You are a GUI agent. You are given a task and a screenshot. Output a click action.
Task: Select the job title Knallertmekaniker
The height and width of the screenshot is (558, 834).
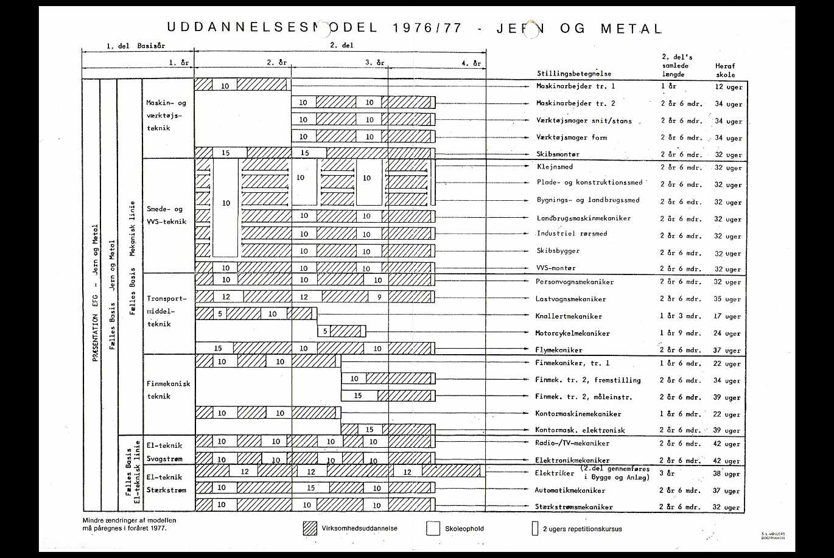(x=569, y=316)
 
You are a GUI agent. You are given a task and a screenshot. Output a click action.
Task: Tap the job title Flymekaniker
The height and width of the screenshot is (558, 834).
(x=559, y=350)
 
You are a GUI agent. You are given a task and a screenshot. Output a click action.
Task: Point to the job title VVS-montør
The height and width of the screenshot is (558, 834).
(x=556, y=268)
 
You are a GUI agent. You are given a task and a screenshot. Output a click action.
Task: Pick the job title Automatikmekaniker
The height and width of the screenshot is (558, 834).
(x=570, y=490)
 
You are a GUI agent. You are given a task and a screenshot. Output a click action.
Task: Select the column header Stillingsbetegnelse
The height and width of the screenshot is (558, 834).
(x=574, y=74)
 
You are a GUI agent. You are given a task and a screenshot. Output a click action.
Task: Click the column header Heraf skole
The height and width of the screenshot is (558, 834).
(x=725, y=70)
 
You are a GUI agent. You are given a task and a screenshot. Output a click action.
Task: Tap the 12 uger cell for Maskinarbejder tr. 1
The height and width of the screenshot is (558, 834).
(x=729, y=87)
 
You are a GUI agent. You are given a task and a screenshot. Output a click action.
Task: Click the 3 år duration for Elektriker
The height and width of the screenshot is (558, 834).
(x=668, y=473)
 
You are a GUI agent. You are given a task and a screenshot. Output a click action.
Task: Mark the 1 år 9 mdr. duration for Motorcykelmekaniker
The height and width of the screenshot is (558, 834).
(x=681, y=333)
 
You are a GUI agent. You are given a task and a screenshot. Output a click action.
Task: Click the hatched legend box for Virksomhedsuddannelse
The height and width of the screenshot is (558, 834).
(x=310, y=528)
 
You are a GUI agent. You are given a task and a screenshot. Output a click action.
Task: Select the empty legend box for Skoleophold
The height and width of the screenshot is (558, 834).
(x=433, y=528)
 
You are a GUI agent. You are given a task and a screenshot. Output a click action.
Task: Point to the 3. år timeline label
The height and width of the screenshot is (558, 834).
(x=374, y=63)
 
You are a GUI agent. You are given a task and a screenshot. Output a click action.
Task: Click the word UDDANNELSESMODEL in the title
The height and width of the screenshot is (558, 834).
(x=272, y=28)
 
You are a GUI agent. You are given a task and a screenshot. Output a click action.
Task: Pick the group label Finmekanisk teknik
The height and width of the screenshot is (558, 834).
(x=169, y=390)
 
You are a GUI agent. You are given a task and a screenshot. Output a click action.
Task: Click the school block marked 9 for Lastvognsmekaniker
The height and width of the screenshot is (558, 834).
(x=379, y=297)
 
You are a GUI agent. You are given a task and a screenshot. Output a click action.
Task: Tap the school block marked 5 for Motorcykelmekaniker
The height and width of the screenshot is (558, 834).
(x=325, y=331)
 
